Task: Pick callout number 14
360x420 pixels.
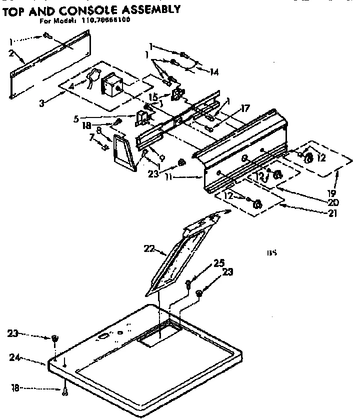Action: pos(213,72)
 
